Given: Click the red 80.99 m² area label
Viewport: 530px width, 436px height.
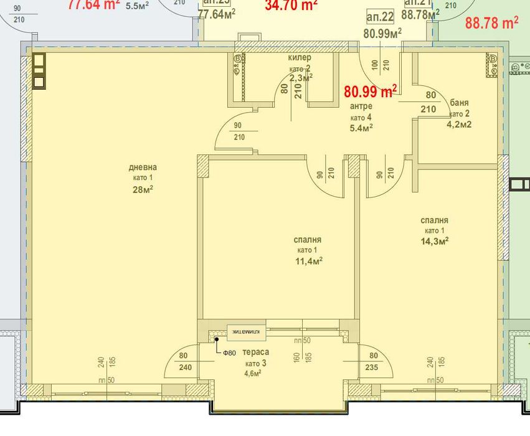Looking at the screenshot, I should pos(371,92).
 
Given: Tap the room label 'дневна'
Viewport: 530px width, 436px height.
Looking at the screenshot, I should pos(142,167).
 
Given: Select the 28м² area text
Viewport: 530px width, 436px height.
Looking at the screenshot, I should pos(142,189).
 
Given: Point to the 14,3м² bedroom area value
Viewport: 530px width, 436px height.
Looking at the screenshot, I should pos(434,241).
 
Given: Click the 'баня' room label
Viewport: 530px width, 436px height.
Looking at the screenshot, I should pos(459,103).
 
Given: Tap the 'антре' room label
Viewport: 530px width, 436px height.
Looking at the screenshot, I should pos(361,107).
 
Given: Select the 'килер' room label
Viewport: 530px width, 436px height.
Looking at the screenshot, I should pos(299,58).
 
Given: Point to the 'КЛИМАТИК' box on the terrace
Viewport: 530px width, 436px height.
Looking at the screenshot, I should pos(248,332).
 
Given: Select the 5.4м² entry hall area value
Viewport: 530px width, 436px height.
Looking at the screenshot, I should pos(361,128).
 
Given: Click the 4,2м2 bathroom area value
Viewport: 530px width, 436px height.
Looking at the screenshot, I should pos(459,124).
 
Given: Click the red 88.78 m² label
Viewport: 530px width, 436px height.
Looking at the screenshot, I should pos(491,23).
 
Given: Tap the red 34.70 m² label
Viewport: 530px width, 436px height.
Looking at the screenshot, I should pos(291,5).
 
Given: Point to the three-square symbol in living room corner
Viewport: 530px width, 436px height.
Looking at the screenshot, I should pos(39,71).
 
